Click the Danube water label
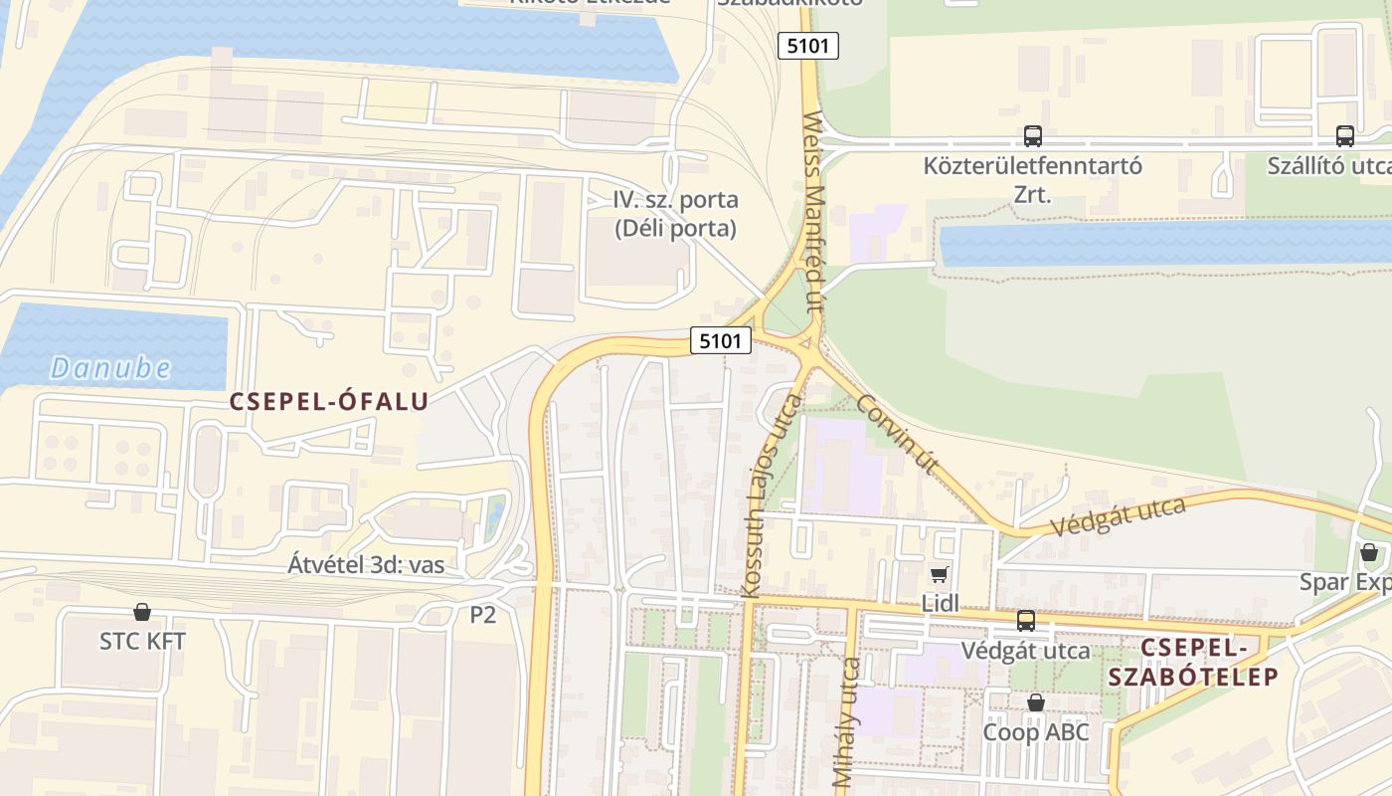point(111,368)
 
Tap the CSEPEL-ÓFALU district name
point(329,401)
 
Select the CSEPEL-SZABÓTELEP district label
point(1193,662)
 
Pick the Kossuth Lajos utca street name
point(772,496)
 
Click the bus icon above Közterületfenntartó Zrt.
point(1033,136)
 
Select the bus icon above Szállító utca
point(1345,136)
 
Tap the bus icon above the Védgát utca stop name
point(1026,621)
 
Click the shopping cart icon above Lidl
point(939,574)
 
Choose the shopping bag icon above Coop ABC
point(1036,702)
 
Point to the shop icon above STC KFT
point(142,611)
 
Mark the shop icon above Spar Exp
point(1369,552)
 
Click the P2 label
point(482,615)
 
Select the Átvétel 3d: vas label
point(366,565)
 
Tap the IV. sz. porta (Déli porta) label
point(675,214)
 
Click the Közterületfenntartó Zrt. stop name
point(1033,179)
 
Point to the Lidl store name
point(940,602)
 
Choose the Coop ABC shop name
point(1036,732)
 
